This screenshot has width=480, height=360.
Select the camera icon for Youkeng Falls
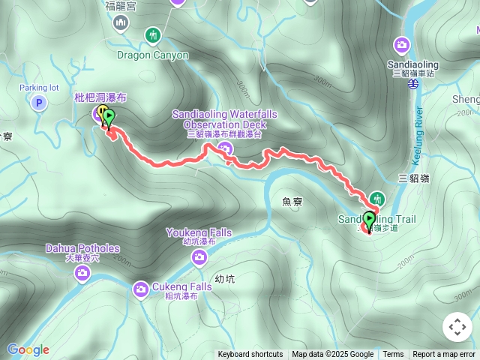point(199,258)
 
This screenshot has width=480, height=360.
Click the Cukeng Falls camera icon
point(141,289)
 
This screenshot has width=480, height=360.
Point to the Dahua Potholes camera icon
point(81,275)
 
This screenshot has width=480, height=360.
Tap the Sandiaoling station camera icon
point(402,45)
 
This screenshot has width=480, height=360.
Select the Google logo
point(28,349)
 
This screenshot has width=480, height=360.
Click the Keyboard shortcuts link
point(250,355)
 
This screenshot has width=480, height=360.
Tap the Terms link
point(393,355)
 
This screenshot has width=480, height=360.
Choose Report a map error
point(445,355)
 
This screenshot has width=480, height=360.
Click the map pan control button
point(457,327)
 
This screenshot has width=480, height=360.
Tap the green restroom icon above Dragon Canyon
point(153,35)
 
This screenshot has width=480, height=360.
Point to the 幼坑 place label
point(224,279)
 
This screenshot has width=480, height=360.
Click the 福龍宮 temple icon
point(121,24)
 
